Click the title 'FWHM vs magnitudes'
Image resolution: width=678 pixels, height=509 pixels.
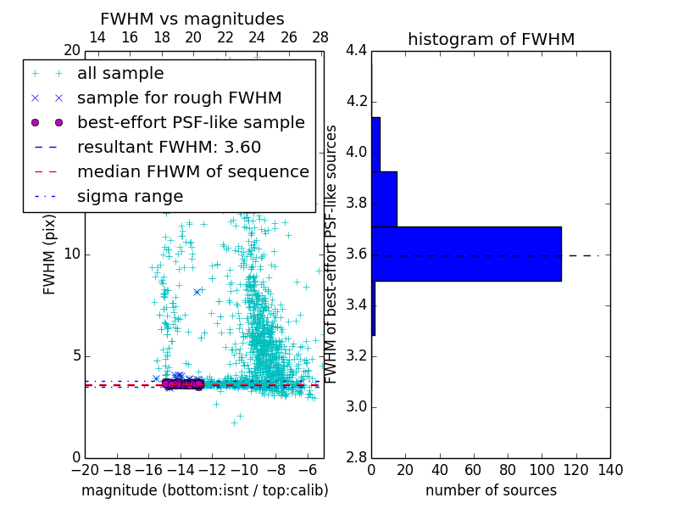coord(192,19)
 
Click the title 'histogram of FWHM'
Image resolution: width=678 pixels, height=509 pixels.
coord(491,39)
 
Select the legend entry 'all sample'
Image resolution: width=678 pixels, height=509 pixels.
coord(120,74)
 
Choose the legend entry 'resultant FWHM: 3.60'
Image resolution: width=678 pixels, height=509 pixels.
coord(169,148)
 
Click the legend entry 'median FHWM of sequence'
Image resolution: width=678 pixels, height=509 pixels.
coord(192,172)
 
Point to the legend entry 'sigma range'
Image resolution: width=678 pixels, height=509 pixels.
coord(130,197)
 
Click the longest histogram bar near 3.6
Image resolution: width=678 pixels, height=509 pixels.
coord(466,254)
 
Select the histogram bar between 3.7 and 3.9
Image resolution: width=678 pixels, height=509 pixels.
coord(384,199)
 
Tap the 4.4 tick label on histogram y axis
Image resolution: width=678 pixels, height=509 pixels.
coord(356,51)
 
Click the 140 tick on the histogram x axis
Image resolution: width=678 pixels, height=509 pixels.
coord(610,470)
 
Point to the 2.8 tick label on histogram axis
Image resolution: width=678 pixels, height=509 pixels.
coord(356,458)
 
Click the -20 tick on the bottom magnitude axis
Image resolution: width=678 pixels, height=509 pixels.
coord(85,470)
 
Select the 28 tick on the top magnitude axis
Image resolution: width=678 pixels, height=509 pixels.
coord(320,37)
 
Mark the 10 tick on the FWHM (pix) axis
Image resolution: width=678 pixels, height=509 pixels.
coord(71,255)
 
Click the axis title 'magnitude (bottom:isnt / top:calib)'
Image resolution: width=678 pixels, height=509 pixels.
coord(204,490)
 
